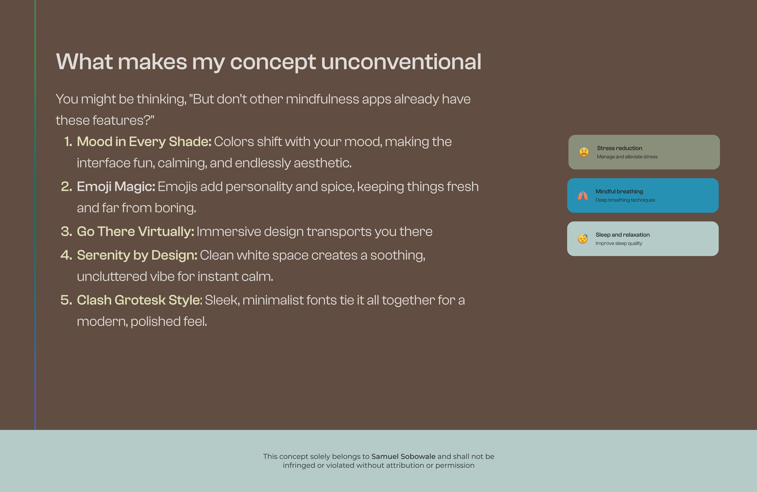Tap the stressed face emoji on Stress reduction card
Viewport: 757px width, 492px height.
click(x=584, y=152)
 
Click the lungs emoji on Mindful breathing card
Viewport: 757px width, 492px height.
click(x=583, y=196)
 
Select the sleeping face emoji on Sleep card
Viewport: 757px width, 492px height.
click(x=583, y=239)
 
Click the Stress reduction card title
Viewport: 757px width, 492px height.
click(x=619, y=148)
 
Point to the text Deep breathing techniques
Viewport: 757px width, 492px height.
click(x=625, y=200)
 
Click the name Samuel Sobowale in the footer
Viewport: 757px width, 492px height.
click(x=403, y=456)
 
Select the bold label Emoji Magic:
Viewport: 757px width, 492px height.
click(x=116, y=187)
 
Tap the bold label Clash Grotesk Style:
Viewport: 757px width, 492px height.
click(x=140, y=300)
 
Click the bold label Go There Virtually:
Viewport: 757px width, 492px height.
click(x=136, y=232)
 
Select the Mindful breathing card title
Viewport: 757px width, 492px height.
click(x=619, y=191)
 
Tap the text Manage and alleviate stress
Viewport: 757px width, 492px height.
click(x=627, y=157)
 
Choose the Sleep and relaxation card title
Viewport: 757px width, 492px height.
click(x=622, y=235)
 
